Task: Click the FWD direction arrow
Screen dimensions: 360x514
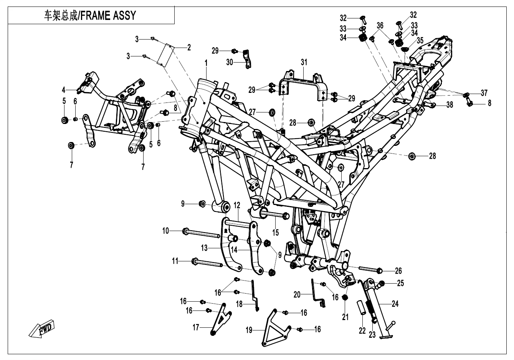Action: pyautogui.click(x=41, y=329)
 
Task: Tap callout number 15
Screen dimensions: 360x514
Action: pyautogui.click(x=276, y=232)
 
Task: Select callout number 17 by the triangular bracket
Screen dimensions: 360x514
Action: pyautogui.click(x=196, y=327)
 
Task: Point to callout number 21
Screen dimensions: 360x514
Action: pyautogui.click(x=345, y=317)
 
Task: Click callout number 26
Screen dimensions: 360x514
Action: pyautogui.click(x=398, y=271)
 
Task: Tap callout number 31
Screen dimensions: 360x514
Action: pyautogui.click(x=304, y=62)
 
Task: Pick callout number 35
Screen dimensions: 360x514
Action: pyautogui.click(x=420, y=40)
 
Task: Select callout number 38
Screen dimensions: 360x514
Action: pyautogui.click(x=450, y=104)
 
